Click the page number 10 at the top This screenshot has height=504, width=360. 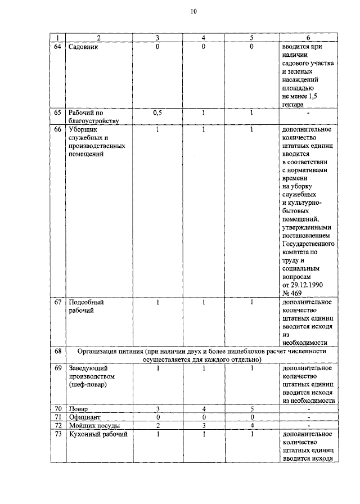(193, 11)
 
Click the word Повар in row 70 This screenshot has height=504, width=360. (78, 408)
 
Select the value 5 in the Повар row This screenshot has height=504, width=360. (251, 408)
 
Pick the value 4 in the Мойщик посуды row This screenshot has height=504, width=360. (251, 425)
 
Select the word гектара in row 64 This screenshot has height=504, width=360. (293, 104)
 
